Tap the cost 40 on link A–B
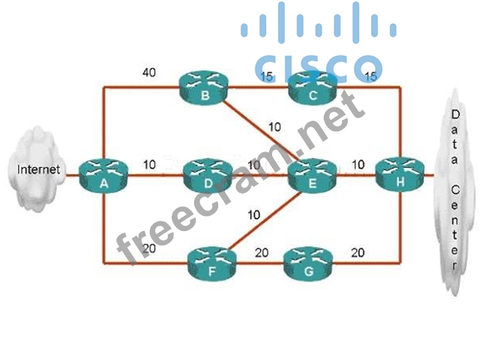(149, 73)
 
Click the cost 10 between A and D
(150, 164)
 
